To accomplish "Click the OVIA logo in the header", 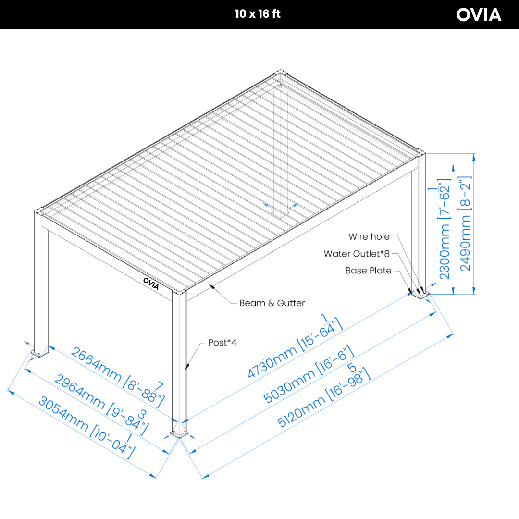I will point(479,14).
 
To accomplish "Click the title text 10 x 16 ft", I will point(258,14).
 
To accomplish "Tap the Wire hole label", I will point(369,237).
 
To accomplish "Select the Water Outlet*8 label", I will point(357,254).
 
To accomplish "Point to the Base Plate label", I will point(368,271).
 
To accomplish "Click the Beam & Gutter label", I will point(272,303).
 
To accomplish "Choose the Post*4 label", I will point(222,343).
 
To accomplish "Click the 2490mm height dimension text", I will point(466,223).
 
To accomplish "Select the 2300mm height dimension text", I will point(444,234).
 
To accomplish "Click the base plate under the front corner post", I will point(179,434).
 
